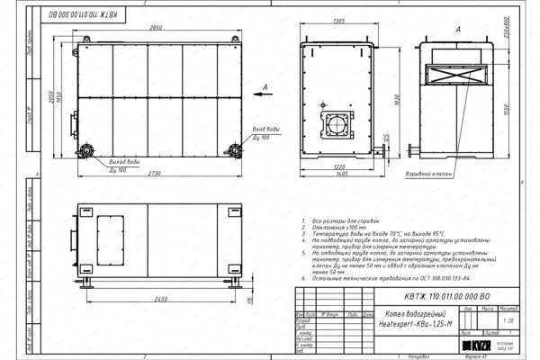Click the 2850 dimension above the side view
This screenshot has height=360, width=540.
click(x=156, y=29)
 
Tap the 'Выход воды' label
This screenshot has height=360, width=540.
click(x=124, y=161)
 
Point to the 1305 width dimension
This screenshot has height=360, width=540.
click(x=339, y=19)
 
